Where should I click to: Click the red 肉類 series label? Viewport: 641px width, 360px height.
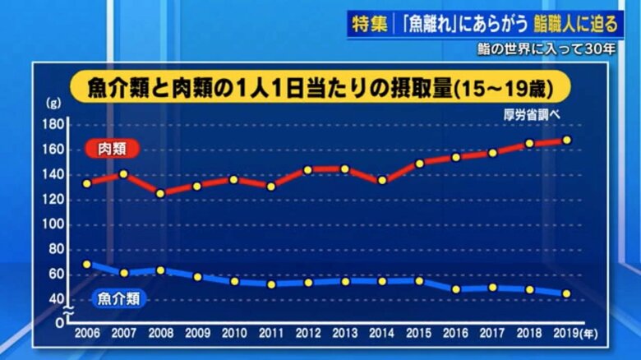click(113, 149)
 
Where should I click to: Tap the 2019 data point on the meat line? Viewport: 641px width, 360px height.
click(567, 140)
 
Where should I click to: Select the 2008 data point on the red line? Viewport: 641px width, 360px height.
click(160, 194)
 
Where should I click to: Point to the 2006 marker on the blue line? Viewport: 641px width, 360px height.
click(86, 265)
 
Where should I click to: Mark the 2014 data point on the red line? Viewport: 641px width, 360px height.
click(382, 181)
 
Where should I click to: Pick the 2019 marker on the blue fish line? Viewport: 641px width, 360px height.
click(567, 293)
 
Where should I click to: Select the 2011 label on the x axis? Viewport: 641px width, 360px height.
click(271, 335)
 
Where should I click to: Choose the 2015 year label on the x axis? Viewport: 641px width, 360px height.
click(419, 335)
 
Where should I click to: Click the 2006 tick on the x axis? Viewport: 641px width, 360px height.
click(86, 335)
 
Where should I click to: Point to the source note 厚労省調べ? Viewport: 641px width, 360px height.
click(532, 114)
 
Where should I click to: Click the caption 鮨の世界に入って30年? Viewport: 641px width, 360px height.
click(546, 48)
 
